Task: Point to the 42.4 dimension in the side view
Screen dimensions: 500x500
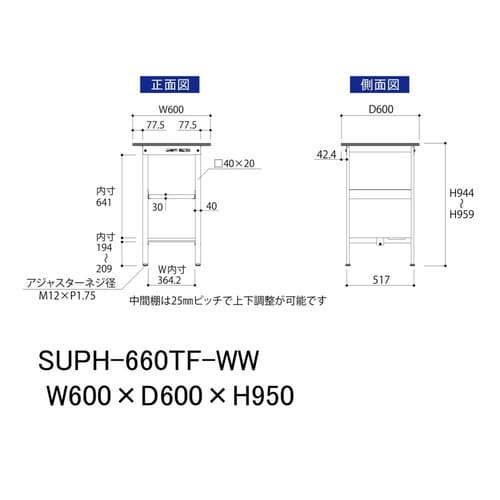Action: tap(327, 155)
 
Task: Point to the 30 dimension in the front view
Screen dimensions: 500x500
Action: tap(157, 207)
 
